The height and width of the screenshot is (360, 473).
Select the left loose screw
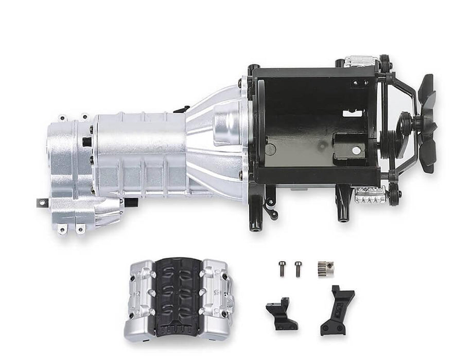click(282, 267)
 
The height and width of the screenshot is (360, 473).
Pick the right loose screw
click(297, 267)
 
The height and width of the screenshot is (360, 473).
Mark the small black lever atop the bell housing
click(180, 109)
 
